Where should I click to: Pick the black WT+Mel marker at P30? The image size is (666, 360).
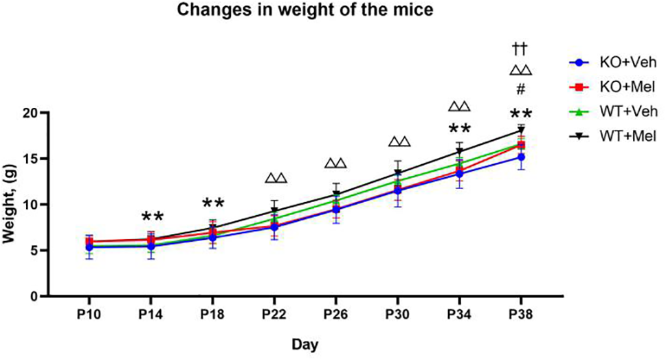(398, 172)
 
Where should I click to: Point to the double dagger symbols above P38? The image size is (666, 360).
(520, 48)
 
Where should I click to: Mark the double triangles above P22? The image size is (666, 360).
(276, 179)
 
